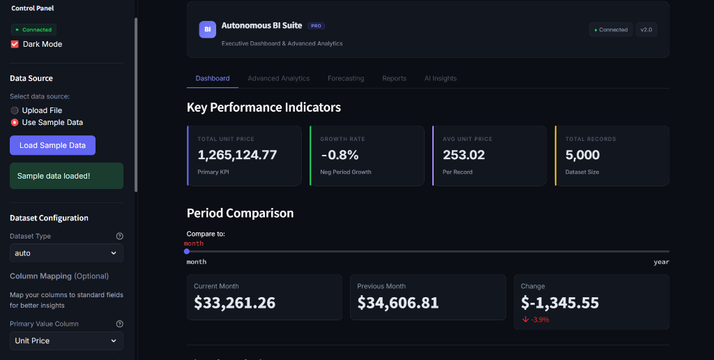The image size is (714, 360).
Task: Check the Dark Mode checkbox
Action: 15,44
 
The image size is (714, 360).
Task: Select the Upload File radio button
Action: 15,110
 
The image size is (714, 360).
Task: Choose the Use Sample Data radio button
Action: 15,122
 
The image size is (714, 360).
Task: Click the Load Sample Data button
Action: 52,145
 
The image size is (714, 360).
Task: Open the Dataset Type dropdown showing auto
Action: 66,253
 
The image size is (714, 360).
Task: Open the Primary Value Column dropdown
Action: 66,340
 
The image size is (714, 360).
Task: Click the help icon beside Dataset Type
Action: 120,236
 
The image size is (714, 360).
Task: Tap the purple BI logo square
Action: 208,29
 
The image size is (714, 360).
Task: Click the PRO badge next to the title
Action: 316,26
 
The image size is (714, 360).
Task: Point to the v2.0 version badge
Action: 646,29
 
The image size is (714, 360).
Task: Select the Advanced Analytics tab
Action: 279,78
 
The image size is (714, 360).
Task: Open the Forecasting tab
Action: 346,78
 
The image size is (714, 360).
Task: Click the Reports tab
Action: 395,78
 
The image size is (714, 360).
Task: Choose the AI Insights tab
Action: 441,78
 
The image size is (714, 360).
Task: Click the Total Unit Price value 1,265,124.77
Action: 237,155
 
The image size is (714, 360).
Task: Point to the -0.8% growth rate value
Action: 340,155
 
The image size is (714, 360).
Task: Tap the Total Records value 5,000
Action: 582,155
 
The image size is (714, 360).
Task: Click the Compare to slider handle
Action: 187,252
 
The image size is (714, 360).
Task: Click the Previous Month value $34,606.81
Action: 398,303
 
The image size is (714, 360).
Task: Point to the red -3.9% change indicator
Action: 535,320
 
